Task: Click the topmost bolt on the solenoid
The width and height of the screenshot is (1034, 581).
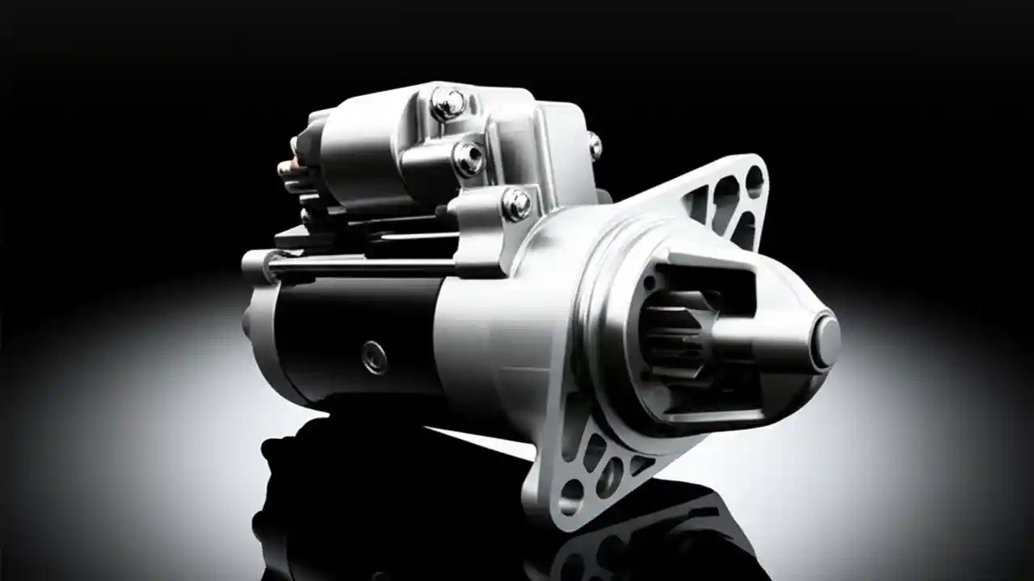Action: tap(447, 102)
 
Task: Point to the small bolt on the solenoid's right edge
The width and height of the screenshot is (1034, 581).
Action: tap(595, 146)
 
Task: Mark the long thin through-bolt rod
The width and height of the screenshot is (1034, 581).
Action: tap(364, 266)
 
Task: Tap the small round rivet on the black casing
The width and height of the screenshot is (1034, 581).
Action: tap(374, 356)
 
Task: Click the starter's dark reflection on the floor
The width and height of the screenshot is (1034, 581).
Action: tap(404, 500)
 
